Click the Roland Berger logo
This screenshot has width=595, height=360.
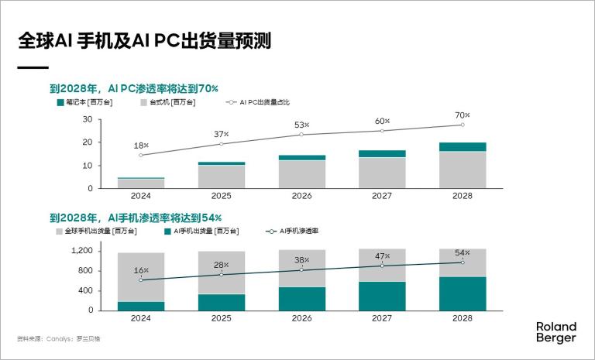point(555,332)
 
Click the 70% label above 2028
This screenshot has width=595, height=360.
point(463,115)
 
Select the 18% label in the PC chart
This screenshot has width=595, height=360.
point(141,146)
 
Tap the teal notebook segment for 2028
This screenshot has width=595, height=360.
point(463,147)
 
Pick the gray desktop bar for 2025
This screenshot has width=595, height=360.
point(222,177)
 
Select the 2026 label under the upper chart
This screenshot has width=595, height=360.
point(301,196)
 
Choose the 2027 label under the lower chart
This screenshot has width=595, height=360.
point(382,317)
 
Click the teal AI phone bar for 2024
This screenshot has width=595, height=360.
point(141,306)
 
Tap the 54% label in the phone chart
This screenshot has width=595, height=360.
point(463,253)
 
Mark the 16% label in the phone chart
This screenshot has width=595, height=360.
point(141,270)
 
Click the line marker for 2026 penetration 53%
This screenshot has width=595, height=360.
point(301,135)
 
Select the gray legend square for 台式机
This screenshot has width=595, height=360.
point(144,102)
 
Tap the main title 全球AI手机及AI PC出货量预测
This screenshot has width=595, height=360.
point(145,41)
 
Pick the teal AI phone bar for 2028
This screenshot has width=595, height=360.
point(463,293)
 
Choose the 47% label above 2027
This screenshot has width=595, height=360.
point(382,256)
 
